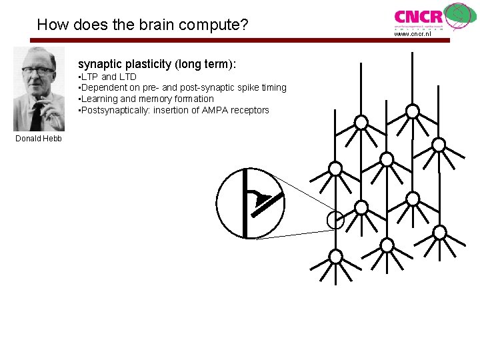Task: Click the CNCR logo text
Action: (418, 16)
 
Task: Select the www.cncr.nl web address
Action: (413, 34)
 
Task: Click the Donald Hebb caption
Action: (39, 139)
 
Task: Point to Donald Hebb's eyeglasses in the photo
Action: (39, 71)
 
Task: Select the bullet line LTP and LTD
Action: (108, 77)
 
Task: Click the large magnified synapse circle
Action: (250, 203)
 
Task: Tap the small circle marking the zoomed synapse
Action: (335, 219)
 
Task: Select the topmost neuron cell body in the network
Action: (413, 111)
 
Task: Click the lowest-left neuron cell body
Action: (336, 257)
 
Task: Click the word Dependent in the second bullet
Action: (104, 87)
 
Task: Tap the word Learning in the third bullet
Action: (101, 99)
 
